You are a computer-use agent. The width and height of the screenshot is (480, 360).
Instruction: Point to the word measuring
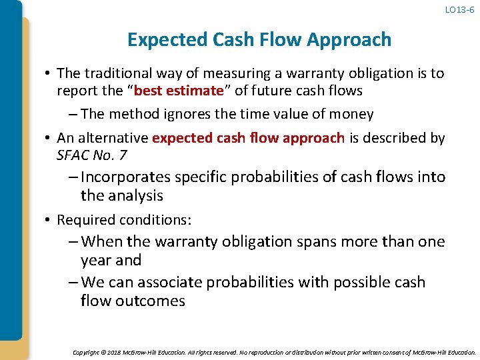coord(224,73)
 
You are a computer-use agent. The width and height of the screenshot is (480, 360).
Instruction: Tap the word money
coord(349,114)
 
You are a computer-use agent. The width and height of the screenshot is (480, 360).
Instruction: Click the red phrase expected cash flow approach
coord(249,138)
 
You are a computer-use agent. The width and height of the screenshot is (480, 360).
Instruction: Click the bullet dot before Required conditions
coord(49,220)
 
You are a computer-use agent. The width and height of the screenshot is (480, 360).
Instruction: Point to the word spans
coord(319,241)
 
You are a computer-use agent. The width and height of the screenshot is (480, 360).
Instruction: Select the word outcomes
coord(152,301)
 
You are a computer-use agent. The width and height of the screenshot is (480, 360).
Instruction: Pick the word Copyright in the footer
coord(87,351)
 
